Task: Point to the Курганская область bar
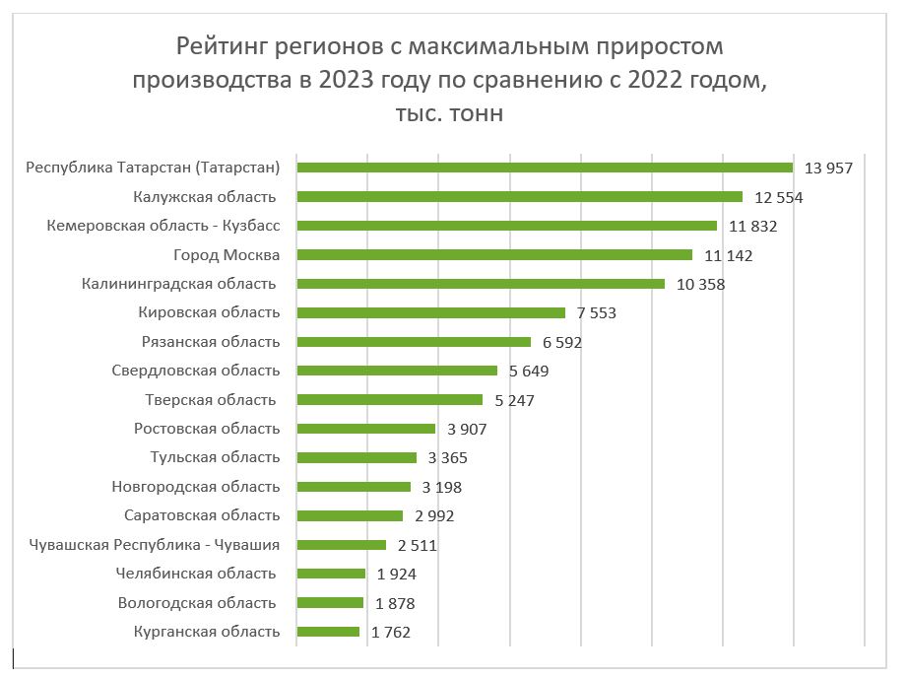(x=328, y=632)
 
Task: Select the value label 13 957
(x=828, y=169)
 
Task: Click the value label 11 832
(x=753, y=227)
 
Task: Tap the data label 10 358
(x=700, y=285)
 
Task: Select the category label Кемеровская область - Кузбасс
(x=163, y=226)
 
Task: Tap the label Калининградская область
(x=178, y=284)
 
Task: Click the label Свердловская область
(x=196, y=371)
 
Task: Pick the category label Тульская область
(x=215, y=457)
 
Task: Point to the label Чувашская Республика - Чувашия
(x=154, y=544)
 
